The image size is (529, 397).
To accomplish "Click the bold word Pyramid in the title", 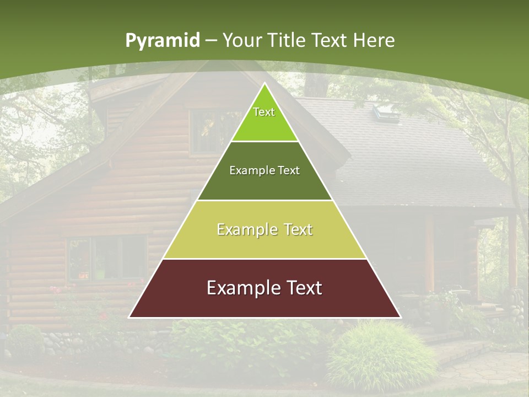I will point(162,41).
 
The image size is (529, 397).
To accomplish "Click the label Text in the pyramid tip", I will point(264,112).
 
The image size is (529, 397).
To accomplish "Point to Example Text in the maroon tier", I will point(264,288).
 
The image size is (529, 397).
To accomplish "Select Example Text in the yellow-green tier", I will point(264,229).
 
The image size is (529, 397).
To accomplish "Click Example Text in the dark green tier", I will point(264,170).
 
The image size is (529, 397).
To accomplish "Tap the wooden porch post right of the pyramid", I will point(429,254).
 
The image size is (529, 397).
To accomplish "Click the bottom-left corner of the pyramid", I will point(129,318).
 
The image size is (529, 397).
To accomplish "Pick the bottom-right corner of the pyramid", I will point(401,318).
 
